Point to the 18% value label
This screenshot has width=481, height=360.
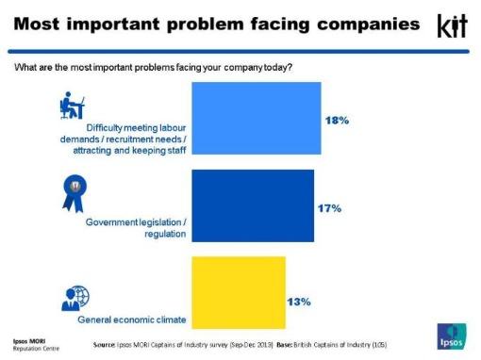(338, 122)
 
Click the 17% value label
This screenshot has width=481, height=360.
(325, 206)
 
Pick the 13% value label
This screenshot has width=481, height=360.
(299, 302)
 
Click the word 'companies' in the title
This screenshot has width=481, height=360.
(350, 23)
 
